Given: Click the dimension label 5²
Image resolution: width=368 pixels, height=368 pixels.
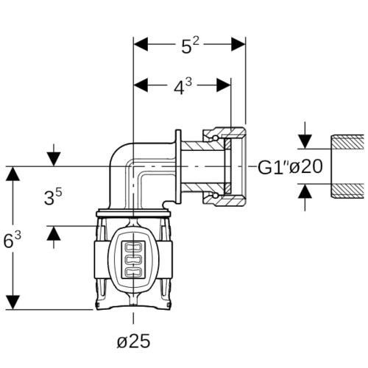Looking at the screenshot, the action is (190, 46).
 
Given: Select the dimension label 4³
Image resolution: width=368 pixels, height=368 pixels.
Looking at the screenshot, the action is (183, 87).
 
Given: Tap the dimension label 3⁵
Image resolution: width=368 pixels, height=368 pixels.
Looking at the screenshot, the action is (53, 197).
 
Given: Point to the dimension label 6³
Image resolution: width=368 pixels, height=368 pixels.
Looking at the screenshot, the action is (13, 240).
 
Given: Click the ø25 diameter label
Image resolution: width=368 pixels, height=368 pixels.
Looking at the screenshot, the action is (133, 341).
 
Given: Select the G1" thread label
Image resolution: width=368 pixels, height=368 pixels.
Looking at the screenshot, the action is (273, 167).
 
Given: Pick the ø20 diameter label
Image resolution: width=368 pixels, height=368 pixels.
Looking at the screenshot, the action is (305, 167).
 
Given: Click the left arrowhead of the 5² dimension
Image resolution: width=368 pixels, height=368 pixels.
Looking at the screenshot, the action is (141, 44).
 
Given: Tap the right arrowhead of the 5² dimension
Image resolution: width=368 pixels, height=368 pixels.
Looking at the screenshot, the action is (238, 44).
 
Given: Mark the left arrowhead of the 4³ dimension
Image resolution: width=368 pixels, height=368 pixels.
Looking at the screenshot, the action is (141, 85).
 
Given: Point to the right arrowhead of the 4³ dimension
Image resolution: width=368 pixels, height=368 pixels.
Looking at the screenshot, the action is (224, 85).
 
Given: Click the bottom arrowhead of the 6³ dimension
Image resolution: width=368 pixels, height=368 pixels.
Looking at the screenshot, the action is (13, 302).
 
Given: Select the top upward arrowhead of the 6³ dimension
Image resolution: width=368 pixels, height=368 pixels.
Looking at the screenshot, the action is (13, 174).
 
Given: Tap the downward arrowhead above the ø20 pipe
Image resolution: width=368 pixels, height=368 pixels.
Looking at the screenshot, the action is (305, 141).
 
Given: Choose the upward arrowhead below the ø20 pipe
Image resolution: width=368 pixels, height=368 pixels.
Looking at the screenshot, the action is (305, 191).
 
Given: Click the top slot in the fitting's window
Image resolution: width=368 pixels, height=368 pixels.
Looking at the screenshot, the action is (133, 247).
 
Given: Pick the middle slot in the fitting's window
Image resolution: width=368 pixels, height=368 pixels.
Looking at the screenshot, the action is (133, 260).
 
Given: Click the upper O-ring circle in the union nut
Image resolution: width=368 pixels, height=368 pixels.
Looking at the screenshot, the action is (215, 138).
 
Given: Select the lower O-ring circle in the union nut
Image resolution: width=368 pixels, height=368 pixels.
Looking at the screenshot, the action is (215, 196).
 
